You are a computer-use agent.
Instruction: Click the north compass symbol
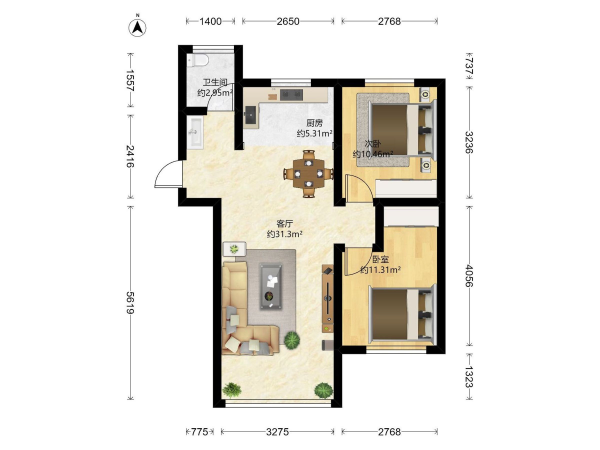point(137,26)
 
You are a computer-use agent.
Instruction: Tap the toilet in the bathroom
point(198,60)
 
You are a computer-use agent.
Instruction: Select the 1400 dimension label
point(210,21)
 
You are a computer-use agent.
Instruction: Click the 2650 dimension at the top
point(288,21)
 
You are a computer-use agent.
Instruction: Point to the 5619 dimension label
point(130,302)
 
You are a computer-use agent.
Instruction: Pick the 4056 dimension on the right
point(469,276)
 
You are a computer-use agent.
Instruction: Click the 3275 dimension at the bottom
point(277,432)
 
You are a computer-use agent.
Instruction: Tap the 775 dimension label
point(199,432)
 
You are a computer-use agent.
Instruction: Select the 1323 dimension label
point(469,377)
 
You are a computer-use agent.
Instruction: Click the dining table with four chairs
point(308,174)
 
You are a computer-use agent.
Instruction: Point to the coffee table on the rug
point(271,286)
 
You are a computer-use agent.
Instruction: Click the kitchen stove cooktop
point(291,95)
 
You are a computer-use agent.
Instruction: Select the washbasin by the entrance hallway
point(195,132)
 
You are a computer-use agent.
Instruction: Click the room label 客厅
point(285,224)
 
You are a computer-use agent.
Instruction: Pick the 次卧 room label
point(372,144)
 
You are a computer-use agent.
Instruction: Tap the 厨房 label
point(315,123)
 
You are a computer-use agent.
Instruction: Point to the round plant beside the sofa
point(292,340)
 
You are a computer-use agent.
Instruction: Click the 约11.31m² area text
point(380,270)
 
